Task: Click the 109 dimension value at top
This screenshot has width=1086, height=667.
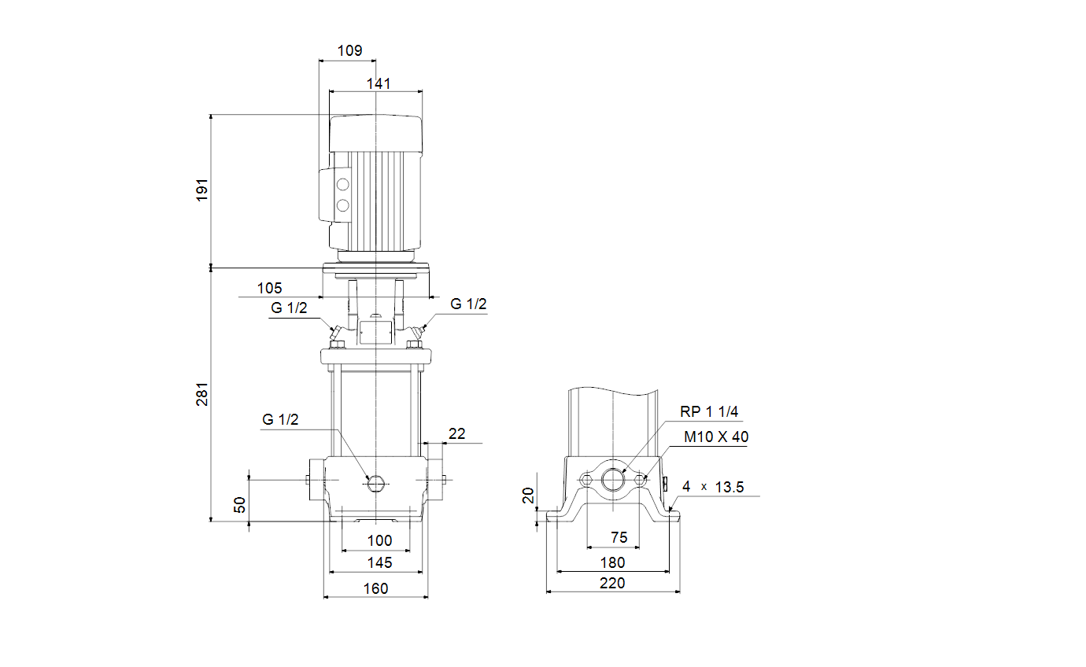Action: [349, 50]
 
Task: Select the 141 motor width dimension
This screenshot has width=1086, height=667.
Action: [379, 83]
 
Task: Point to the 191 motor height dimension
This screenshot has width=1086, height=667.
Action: [202, 190]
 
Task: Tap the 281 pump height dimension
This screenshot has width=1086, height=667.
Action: [202, 394]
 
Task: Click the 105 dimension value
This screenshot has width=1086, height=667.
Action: [269, 288]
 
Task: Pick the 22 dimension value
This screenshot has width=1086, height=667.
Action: [456, 433]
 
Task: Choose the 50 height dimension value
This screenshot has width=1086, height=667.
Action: [239, 505]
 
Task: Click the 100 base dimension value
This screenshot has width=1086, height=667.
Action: [379, 540]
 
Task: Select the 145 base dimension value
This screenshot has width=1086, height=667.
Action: [379, 562]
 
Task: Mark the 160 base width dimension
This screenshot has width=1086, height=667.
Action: [375, 588]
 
